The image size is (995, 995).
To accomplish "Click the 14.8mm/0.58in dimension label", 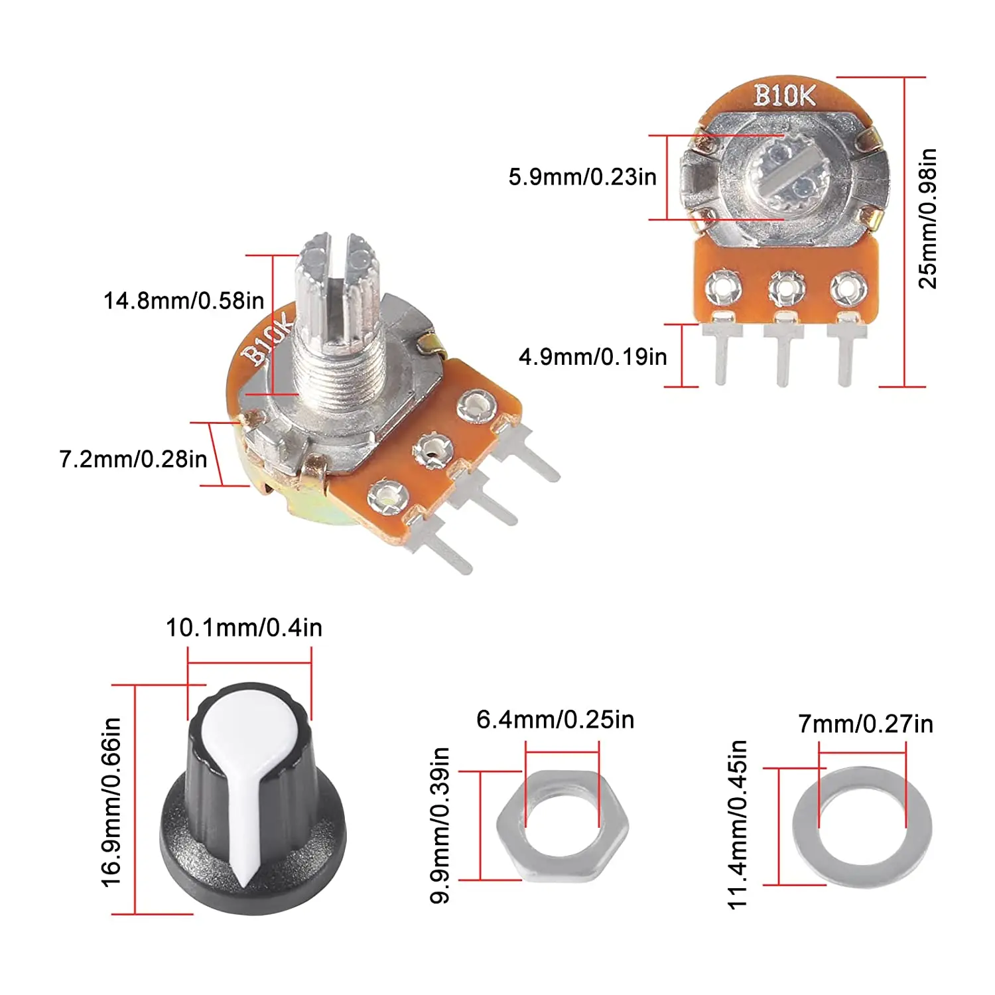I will (184, 300).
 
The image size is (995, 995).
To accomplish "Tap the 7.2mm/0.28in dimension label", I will (133, 459).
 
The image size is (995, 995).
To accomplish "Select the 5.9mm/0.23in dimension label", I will (582, 177).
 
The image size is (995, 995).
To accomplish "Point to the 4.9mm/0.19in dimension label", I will (592, 357).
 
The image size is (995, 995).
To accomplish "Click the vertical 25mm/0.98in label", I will (927, 219).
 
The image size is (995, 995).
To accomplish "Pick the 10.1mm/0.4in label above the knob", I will (243, 628).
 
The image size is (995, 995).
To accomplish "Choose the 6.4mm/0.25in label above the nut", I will (555, 720).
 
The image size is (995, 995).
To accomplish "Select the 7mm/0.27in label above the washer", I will (866, 724).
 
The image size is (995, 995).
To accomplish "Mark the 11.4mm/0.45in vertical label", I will (738, 825).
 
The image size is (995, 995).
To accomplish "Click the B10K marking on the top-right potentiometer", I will (784, 96).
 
